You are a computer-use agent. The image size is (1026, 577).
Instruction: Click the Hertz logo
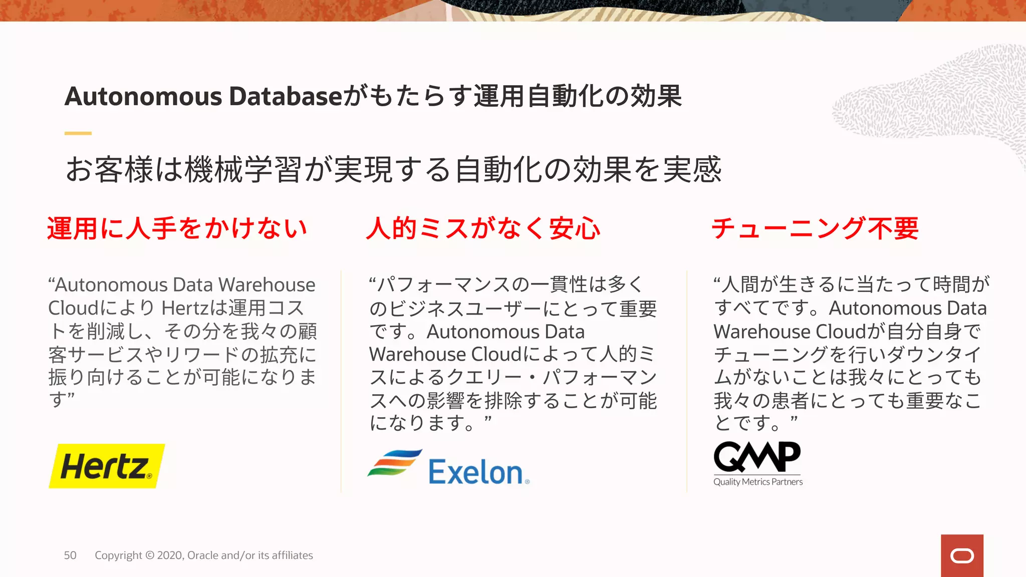tap(106, 466)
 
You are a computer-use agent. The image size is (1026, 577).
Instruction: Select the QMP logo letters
tap(757, 456)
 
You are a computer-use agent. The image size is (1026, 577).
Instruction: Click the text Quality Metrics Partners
tap(758, 482)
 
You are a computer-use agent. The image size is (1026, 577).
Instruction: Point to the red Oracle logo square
tap(962, 555)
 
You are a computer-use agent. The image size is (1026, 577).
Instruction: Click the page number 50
tap(70, 555)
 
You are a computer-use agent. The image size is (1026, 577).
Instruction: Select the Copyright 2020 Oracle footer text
tap(204, 555)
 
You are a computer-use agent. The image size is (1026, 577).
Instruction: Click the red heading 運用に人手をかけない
tap(177, 228)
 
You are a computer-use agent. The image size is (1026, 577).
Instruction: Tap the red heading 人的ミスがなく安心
tap(483, 228)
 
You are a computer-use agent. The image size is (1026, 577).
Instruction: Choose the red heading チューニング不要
tap(815, 228)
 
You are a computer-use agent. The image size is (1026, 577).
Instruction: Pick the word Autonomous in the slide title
tap(143, 96)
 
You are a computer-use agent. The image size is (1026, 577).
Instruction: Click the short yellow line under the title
tap(78, 133)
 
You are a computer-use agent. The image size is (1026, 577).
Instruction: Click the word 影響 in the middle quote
tap(445, 400)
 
